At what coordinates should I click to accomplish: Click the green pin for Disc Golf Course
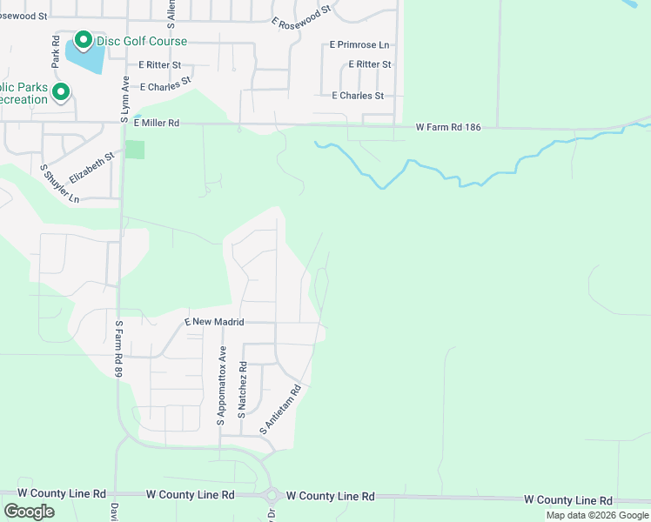83,40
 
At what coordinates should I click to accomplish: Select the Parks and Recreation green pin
60,91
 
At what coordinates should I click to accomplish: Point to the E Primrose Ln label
359,44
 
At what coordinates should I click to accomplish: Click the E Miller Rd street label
157,124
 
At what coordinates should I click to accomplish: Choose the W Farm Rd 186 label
447,127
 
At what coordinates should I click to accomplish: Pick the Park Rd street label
55,53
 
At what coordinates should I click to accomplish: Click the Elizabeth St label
91,167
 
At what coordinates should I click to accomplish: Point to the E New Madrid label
208,322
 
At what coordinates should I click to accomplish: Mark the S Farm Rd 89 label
118,348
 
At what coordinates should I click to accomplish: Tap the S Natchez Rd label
244,392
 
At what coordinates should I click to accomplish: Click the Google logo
29,512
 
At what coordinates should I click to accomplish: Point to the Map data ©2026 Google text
597,515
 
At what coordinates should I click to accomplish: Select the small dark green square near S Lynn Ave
134,149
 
